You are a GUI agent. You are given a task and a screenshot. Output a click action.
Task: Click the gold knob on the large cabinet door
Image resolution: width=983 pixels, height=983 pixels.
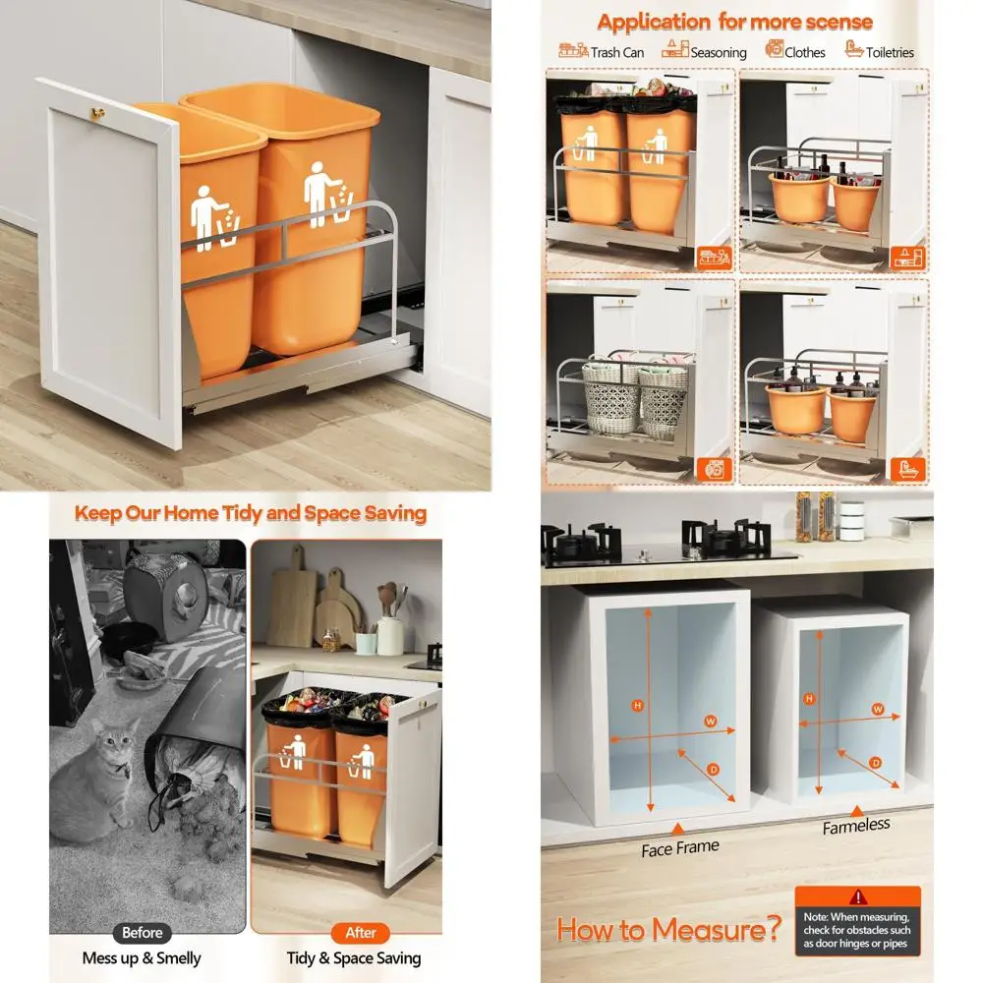tap(98, 113)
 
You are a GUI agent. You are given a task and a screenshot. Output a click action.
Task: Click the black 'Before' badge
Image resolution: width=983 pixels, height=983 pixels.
tap(142, 933)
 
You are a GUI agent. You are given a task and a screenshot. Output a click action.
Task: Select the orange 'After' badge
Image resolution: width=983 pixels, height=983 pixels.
tap(361, 933)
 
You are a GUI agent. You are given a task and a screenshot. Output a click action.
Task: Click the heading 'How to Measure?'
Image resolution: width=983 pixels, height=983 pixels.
tap(669, 929)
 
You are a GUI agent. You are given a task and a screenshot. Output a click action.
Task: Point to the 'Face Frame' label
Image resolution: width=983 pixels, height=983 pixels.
tap(680, 847)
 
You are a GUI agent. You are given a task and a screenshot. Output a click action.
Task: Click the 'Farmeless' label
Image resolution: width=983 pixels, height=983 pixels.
tap(855, 827)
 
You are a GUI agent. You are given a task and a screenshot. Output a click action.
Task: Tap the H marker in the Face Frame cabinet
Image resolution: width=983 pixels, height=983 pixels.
tap(637, 705)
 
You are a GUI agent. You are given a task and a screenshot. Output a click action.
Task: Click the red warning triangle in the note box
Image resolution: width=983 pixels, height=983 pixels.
tap(858, 896)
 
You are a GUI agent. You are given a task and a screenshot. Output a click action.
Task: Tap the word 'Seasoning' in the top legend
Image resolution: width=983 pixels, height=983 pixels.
tap(718, 52)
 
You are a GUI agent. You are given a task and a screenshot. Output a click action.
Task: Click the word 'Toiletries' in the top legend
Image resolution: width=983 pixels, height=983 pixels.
tap(890, 52)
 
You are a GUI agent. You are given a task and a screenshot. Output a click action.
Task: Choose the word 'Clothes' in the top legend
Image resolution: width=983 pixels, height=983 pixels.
tap(805, 52)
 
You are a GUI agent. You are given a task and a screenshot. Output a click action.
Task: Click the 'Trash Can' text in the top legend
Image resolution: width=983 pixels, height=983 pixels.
tap(617, 52)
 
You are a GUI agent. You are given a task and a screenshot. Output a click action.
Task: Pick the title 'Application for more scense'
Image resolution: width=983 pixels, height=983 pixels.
tap(734, 21)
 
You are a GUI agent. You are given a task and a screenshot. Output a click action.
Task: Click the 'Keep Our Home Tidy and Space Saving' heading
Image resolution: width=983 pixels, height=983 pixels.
tap(251, 513)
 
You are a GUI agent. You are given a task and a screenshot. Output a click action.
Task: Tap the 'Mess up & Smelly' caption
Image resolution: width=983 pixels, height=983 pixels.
tap(142, 957)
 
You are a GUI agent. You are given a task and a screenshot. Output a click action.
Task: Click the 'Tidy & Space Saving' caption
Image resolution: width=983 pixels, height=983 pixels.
tap(354, 957)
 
